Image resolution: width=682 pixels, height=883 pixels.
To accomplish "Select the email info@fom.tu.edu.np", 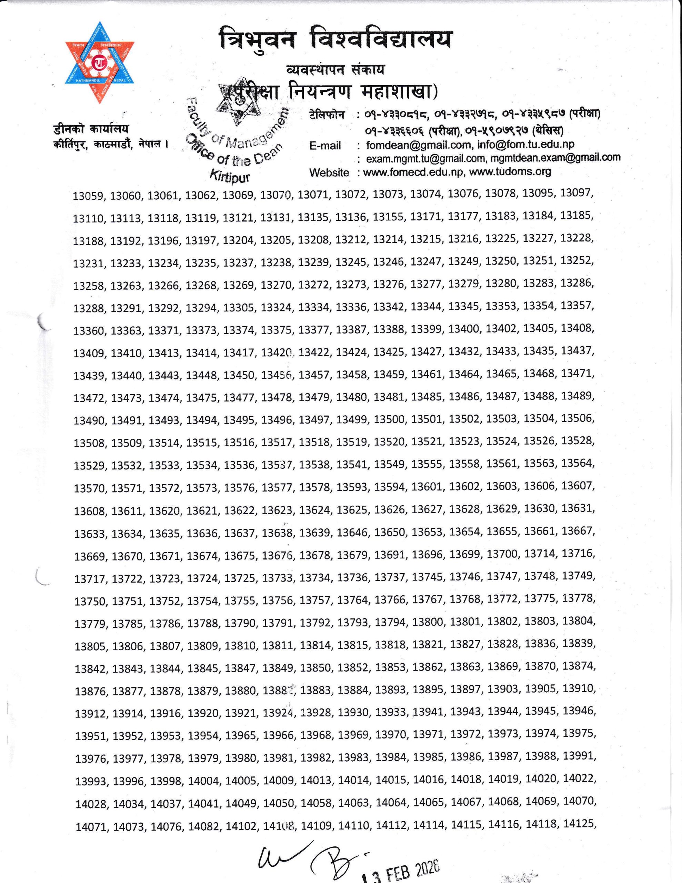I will [x=525, y=144].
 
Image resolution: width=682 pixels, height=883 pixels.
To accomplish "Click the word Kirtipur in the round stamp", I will [x=230, y=176].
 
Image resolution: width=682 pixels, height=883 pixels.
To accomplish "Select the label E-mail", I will [x=325, y=146].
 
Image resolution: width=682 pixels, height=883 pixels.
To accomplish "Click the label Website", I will [x=329, y=173].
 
